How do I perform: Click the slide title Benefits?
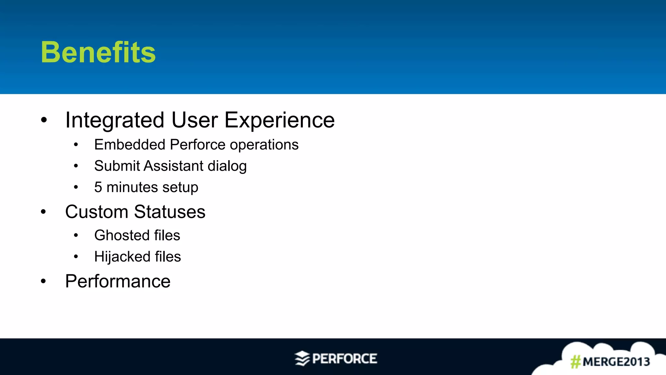coord(98,52)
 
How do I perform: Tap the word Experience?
coord(279,120)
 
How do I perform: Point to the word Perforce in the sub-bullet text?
coord(197,145)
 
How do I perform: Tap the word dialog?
coord(227,166)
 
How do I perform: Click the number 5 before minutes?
coord(98,187)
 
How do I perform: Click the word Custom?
coord(97,212)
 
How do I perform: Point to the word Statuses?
coord(169,212)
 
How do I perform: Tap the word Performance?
coord(118,281)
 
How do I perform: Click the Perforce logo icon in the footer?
coord(302,358)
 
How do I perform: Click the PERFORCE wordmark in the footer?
coord(344,359)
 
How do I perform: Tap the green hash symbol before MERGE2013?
coord(575,362)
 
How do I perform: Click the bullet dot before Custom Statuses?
coord(44,212)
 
